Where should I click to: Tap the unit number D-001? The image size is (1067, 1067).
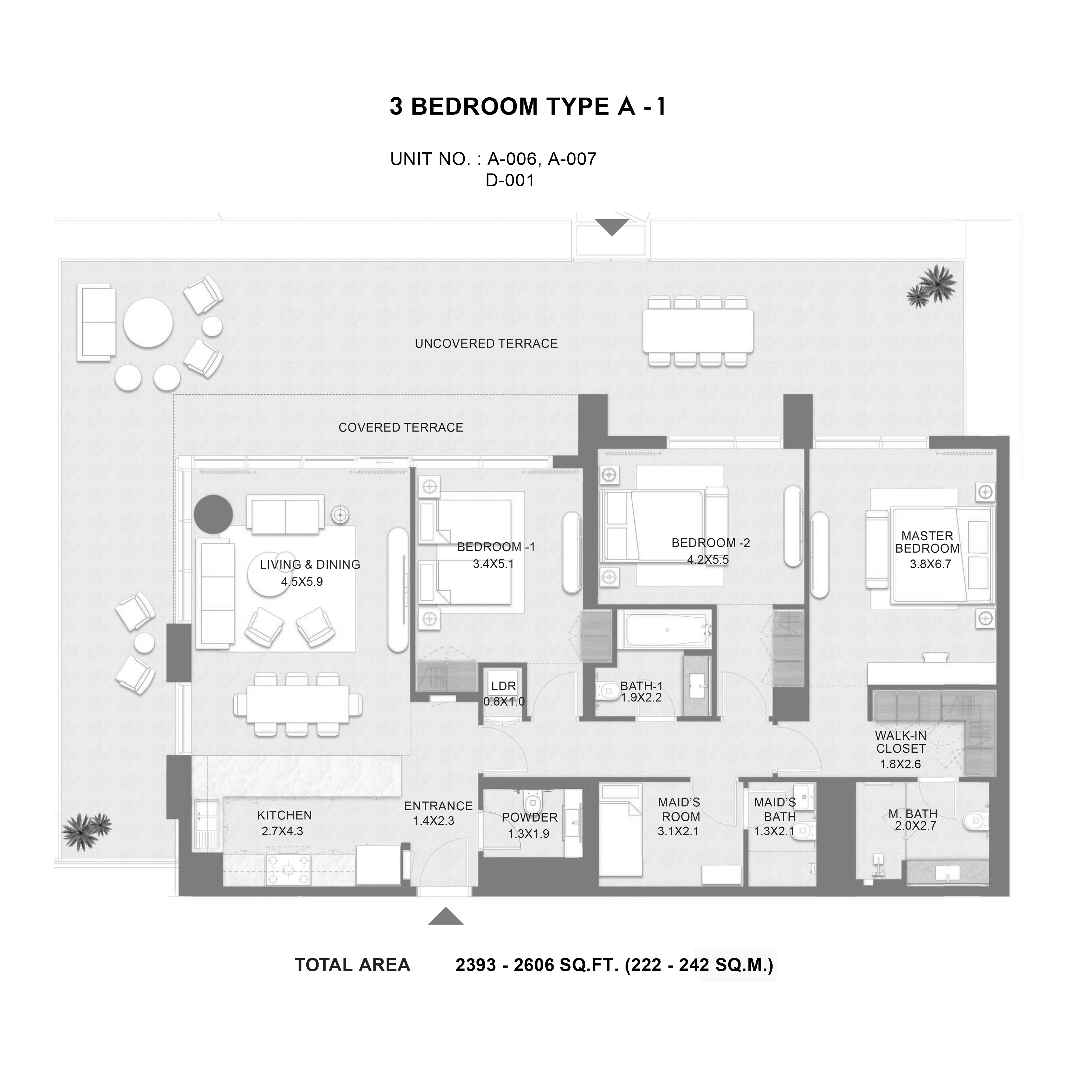click(510, 180)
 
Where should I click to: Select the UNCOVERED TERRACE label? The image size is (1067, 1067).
click(486, 344)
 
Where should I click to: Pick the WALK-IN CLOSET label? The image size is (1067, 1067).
click(901, 742)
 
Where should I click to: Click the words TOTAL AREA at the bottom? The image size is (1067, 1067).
click(352, 965)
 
